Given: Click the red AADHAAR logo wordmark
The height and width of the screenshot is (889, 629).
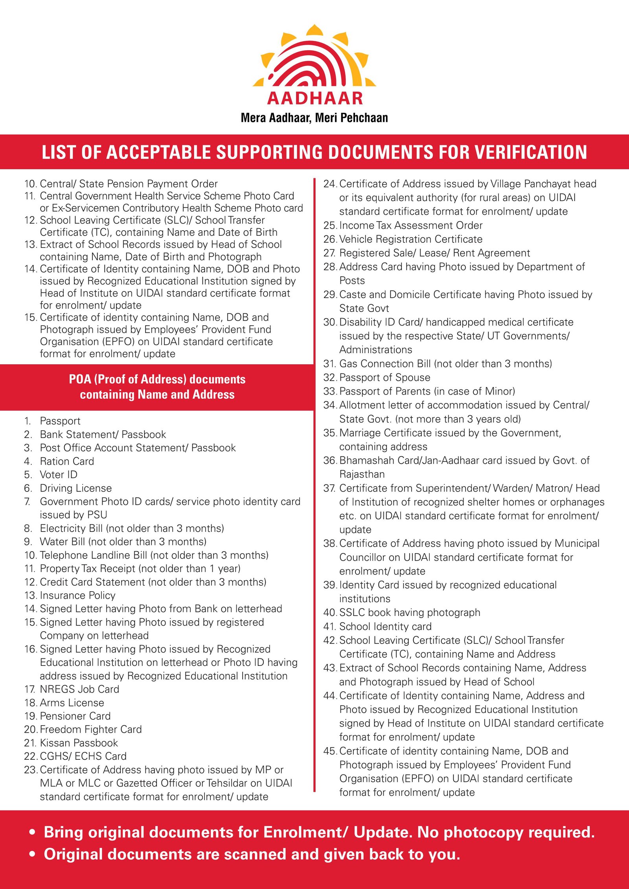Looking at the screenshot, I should pos(314,98).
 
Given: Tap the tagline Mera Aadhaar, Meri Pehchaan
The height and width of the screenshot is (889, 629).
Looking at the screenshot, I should pos(314,118).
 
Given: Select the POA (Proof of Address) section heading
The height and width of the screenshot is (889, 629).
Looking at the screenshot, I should pos(157,387).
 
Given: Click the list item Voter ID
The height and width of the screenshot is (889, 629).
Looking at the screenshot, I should pos(59,475).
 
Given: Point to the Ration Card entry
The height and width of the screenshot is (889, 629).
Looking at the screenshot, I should pos(67,461).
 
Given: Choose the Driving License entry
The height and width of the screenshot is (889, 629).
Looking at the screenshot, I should pos(75,488).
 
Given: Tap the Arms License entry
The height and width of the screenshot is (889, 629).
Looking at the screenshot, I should pos(72,703).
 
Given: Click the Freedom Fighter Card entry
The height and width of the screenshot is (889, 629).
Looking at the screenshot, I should pos(90,730).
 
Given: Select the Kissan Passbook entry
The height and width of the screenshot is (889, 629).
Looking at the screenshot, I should pos(79,743).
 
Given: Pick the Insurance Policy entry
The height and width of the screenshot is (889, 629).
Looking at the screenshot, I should pos(77,596).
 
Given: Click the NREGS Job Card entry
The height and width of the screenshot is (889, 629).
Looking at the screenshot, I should pos(79,689).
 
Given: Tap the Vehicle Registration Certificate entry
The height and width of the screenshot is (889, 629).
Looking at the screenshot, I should pos(410,239).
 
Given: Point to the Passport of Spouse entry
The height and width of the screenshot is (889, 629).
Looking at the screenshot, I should pos(384,378).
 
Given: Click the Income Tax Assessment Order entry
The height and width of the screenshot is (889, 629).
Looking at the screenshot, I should pos(410,225).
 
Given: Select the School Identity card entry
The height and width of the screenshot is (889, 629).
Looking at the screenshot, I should pos(385,627).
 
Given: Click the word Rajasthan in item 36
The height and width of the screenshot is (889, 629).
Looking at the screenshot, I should pos(362,475).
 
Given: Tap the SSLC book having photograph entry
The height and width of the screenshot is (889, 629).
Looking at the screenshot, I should pos(409,612).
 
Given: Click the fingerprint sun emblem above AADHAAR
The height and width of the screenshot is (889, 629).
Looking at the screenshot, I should pos(314,57).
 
